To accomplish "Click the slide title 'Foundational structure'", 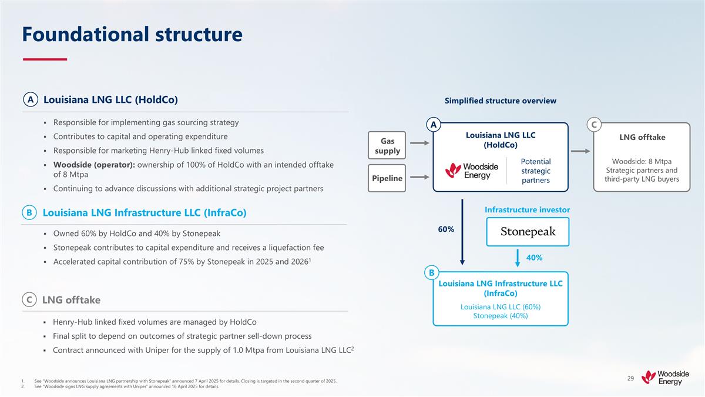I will click(x=132, y=34).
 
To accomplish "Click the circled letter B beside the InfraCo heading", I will click(x=29, y=212).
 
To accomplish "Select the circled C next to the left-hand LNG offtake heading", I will click(x=29, y=300).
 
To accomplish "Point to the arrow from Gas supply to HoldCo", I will click(x=420, y=143).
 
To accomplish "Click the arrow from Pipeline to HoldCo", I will click(x=420, y=176).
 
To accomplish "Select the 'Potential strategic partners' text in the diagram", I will click(x=535, y=171).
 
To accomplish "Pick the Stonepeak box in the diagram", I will click(x=528, y=232).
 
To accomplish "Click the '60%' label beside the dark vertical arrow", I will click(x=446, y=229).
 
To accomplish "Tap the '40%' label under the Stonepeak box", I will click(x=534, y=258).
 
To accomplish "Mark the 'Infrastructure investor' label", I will click(x=527, y=209).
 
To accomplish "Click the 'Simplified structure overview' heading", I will click(x=500, y=101).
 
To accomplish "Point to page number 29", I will click(x=630, y=378).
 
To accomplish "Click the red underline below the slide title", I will click(x=45, y=59).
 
